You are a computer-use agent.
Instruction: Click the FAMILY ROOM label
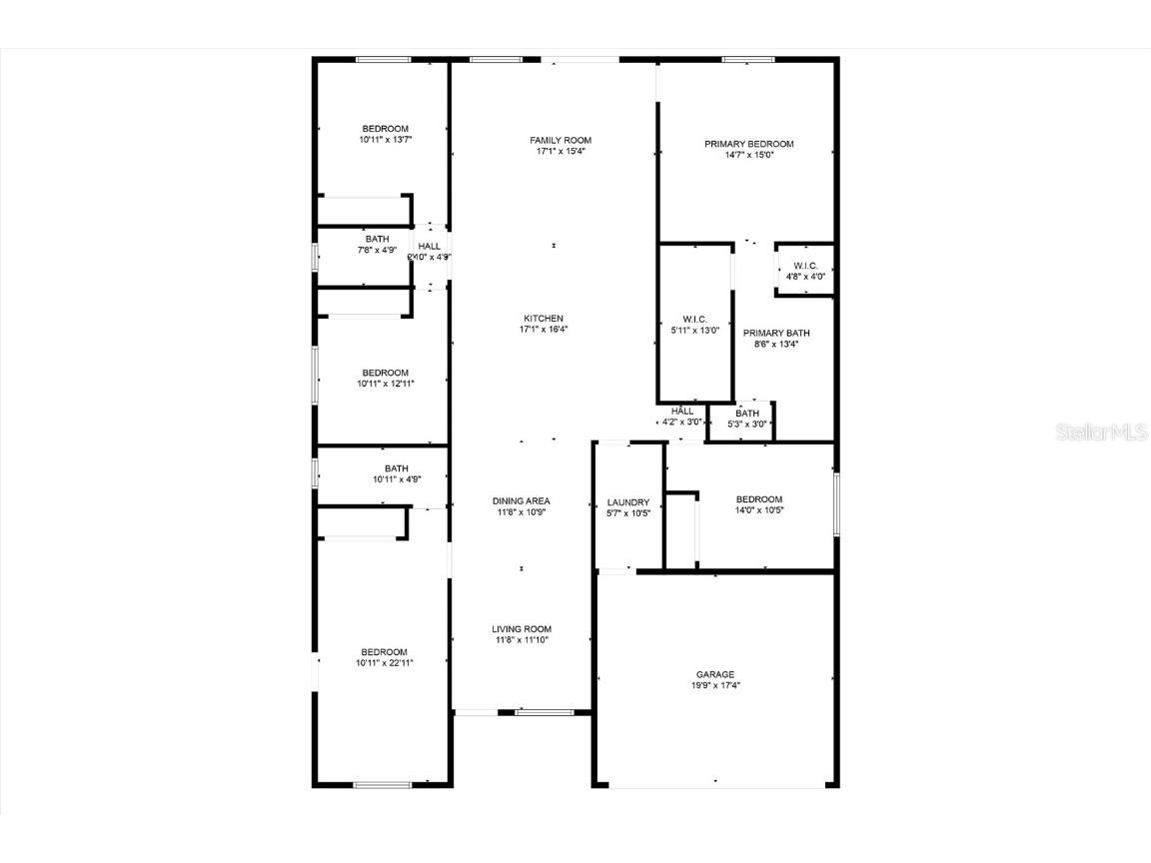(x=561, y=140)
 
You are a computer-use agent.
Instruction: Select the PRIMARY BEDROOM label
(x=748, y=144)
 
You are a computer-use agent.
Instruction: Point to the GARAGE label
(x=715, y=674)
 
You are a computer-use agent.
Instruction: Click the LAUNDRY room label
(x=628, y=502)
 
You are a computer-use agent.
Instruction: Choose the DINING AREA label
(x=521, y=500)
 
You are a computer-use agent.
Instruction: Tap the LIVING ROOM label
(x=521, y=629)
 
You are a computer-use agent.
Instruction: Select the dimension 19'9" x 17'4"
(x=715, y=685)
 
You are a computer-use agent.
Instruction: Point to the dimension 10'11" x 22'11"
(x=385, y=662)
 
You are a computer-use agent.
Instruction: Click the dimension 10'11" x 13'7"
(x=385, y=140)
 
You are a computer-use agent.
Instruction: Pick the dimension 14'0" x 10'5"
(x=758, y=510)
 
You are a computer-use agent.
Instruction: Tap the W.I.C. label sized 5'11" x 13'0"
(x=694, y=319)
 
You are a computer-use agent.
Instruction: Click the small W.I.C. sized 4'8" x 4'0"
(x=805, y=265)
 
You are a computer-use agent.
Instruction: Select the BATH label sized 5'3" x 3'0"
(x=747, y=414)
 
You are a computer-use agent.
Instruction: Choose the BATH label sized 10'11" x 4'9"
(x=396, y=468)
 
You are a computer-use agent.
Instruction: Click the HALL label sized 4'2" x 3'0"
(x=682, y=411)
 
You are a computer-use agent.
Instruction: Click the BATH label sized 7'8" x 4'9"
(x=377, y=239)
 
